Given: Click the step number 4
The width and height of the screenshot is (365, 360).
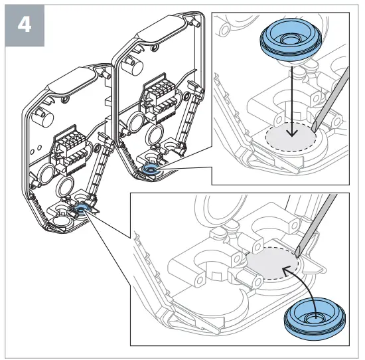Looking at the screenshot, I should point(25,26).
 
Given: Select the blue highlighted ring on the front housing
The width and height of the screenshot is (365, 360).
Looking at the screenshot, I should point(83,209).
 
